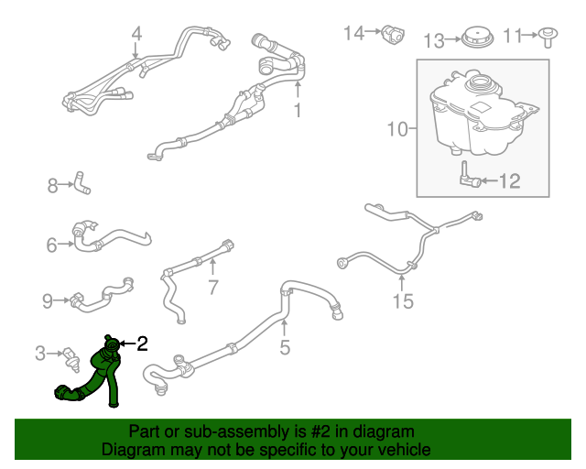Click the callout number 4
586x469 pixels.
coord(136,36)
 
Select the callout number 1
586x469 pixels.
coord(298,111)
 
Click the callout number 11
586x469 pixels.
coord(514,36)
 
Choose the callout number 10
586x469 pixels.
coord(396,130)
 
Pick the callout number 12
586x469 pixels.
coord(508,180)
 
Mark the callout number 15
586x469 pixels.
coord(403,300)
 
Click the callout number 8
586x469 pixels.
coord(53,187)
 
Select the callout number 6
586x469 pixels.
coord(51,244)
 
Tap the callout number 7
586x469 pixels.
coord(212,288)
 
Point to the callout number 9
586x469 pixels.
coord(48,300)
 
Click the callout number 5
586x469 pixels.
coord(285,347)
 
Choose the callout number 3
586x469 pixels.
coord(40,353)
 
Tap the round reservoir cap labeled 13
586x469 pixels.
coord(475,39)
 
